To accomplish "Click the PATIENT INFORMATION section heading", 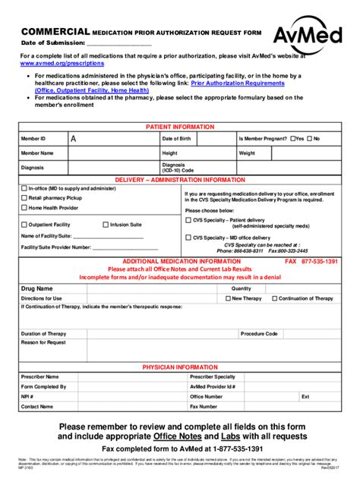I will [x=179, y=127].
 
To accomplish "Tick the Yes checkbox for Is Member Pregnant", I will [x=291, y=139].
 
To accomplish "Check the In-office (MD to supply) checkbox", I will [x=24, y=187].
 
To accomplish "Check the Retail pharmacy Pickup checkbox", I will [x=24, y=197].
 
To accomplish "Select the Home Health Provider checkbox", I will [x=24, y=207].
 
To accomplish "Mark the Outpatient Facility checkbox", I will [x=24, y=225].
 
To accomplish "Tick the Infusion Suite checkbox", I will [x=106, y=225].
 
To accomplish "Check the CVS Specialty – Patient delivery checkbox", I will [x=188, y=220].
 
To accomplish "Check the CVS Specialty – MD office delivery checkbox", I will [x=188, y=237].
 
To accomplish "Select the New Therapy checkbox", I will [x=226, y=299].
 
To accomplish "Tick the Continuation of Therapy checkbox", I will [x=273, y=299].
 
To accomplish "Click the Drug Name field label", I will [x=37, y=289].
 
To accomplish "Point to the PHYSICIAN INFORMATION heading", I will [x=179, y=366].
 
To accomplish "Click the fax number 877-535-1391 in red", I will [x=319, y=260].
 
